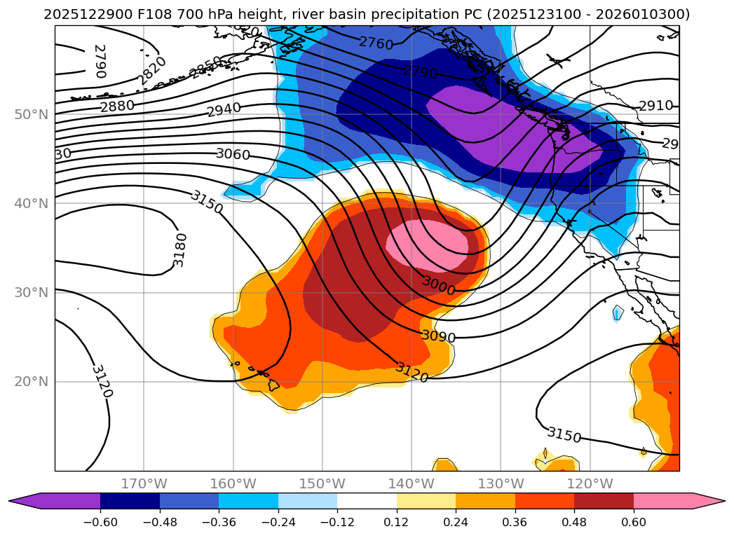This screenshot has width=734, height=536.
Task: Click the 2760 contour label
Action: [376, 43]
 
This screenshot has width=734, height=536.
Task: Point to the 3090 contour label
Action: [438, 336]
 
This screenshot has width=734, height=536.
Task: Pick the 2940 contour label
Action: [224, 109]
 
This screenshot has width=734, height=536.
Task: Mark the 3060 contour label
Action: [233, 153]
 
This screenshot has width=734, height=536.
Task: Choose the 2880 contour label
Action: [117, 106]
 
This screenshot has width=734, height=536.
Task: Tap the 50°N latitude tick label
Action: [31, 115]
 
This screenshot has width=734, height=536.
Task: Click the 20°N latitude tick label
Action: [31, 383]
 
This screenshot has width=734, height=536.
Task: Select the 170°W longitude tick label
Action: [144, 483]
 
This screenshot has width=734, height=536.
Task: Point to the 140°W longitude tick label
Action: [412, 483]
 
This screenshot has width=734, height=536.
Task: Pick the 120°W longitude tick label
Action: [590, 483]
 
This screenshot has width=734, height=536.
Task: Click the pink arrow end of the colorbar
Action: [709, 500]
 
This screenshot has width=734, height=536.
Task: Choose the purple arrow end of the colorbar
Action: [25, 500]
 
